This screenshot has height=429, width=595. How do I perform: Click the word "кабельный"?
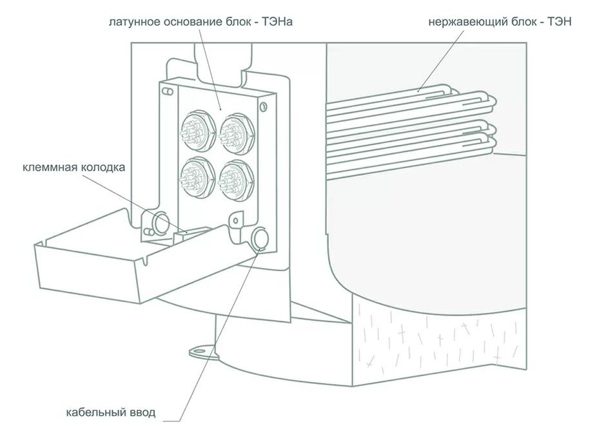(95, 412)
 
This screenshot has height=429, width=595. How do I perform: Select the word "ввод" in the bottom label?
(142, 412)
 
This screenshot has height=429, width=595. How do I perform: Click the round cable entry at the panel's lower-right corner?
(261, 238)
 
